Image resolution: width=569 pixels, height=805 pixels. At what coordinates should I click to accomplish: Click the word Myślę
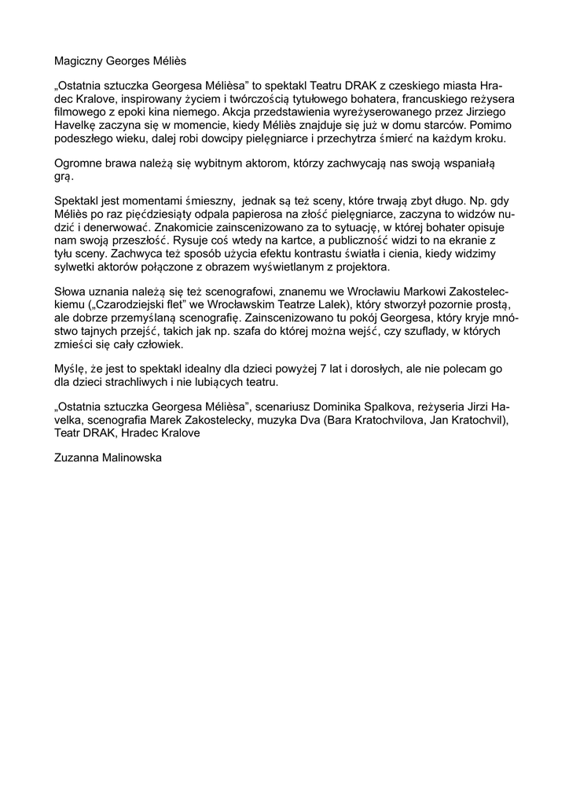(x=72, y=369)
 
